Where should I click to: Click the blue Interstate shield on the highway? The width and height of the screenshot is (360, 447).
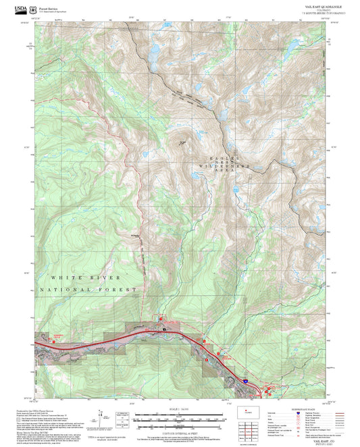click(247, 382)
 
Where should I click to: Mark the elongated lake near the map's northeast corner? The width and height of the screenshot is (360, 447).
click(292, 47)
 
